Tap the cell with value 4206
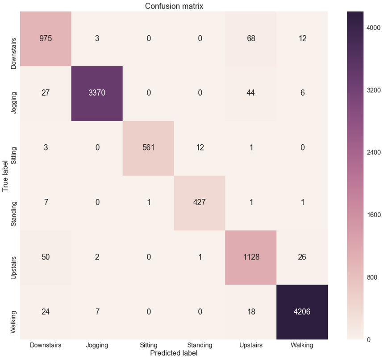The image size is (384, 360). pyautogui.click(x=301, y=312)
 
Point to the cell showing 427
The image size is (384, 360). pyautogui.click(x=199, y=203)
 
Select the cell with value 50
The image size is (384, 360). pyautogui.click(x=46, y=257)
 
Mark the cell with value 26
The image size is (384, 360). pyautogui.click(x=301, y=257)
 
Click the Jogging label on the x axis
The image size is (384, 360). pyautogui.click(x=97, y=345)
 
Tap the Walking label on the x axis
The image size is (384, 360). pyautogui.click(x=301, y=345)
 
